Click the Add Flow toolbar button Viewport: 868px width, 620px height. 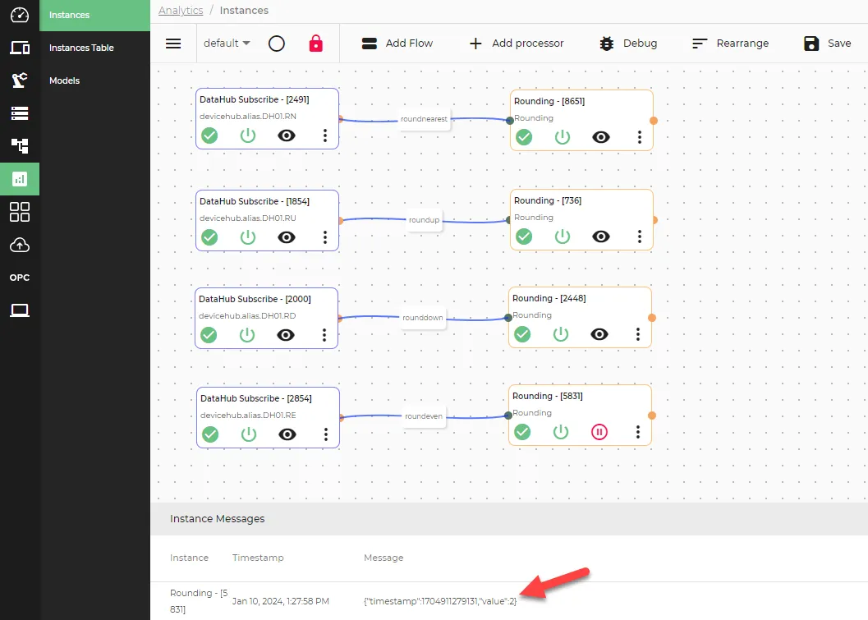(x=397, y=44)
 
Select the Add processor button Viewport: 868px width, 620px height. (x=516, y=44)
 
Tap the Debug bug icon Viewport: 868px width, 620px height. (x=607, y=44)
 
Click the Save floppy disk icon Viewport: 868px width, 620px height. (x=811, y=44)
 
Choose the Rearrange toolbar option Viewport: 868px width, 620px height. (x=730, y=44)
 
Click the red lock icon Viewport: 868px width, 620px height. (x=315, y=44)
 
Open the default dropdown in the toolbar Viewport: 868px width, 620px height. (x=227, y=44)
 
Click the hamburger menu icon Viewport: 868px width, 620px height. (x=173, y=44)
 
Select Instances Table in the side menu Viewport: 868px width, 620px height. (x=81, y=48)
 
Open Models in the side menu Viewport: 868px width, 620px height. (x=64, y=80)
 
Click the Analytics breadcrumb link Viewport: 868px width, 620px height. (x=181, y=11)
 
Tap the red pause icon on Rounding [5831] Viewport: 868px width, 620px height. (x=599, y=432)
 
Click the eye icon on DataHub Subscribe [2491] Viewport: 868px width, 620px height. (x=287, y=135)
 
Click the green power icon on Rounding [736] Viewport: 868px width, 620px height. (x=563, y=237)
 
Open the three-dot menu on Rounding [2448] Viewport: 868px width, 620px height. (x=638, y=334)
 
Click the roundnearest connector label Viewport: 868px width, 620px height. (x=424, y=119)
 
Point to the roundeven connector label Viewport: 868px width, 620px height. (x=424, y=416)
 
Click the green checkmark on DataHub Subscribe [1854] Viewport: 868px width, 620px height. (x=209, y=237)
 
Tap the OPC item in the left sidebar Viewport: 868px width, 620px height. (x=20, y=278)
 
